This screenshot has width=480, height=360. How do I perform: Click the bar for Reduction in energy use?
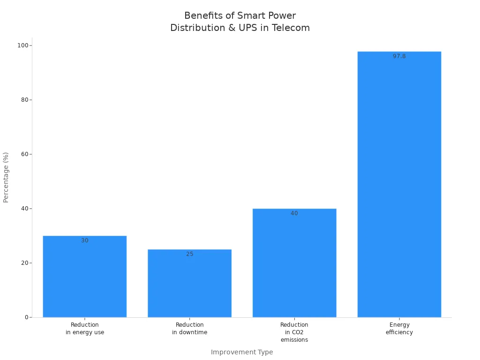tap(84, 277)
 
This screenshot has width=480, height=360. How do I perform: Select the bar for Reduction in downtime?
tap(189, 284)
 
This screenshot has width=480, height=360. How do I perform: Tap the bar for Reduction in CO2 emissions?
tap(294, 263)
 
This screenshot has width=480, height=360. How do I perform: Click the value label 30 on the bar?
tap(84, 240)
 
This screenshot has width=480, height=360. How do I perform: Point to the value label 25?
tap(189, 254)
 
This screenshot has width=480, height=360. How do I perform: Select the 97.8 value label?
tap(399, 56)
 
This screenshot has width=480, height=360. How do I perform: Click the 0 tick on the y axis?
tap(27, 317)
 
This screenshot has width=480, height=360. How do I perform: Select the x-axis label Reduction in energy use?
tap(84, 329)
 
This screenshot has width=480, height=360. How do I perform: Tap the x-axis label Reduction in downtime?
tap(189, 329)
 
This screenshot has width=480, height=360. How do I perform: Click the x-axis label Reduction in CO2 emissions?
tap(294, 332)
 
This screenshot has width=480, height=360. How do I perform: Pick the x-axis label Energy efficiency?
tap(399, 329)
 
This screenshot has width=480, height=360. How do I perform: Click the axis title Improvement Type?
tap(241, 352)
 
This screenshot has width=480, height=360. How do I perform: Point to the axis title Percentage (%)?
tap(6, 177)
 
